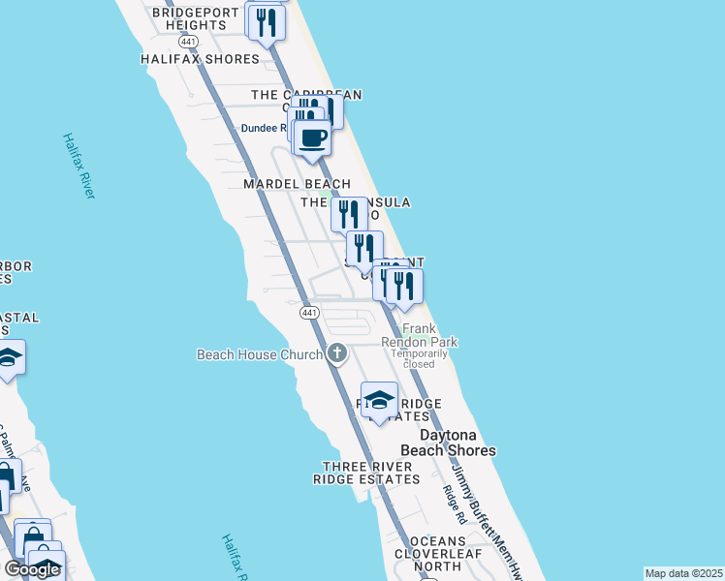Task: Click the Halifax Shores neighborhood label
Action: point(200,59)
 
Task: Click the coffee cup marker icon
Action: point(312,138)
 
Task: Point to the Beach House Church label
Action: point(259,354)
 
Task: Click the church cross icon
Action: point(336,353)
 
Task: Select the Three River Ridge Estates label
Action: point(367,473)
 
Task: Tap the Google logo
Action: point(32,569)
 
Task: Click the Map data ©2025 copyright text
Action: point(683,573)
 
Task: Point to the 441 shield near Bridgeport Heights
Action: point(189,42)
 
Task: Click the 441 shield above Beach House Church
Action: point(309,313)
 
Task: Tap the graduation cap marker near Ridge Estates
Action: point(379,400)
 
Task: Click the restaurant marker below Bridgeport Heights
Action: point(267,21)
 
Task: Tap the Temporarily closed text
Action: point(420,358)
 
